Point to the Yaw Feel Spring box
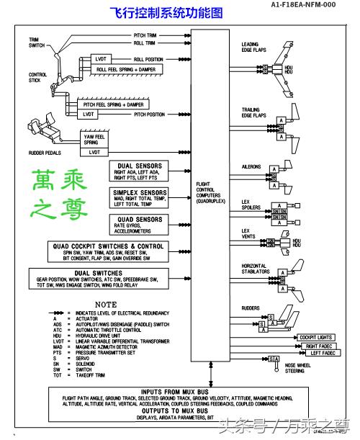tap(94, 140)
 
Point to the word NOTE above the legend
tap(105, 305)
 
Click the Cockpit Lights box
tap(317, 337)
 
